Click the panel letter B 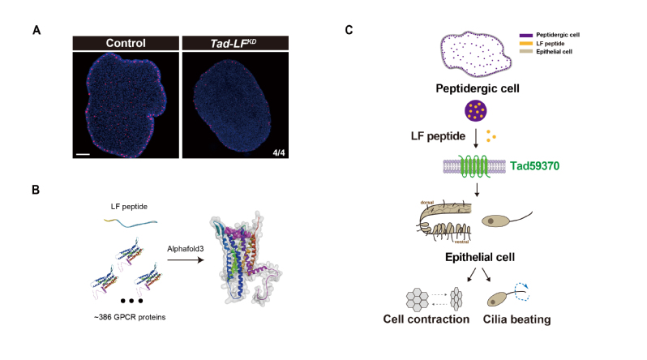pyautogui.click(x=36, y=191)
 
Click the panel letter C pyautogui.click(x=349, y=30)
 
